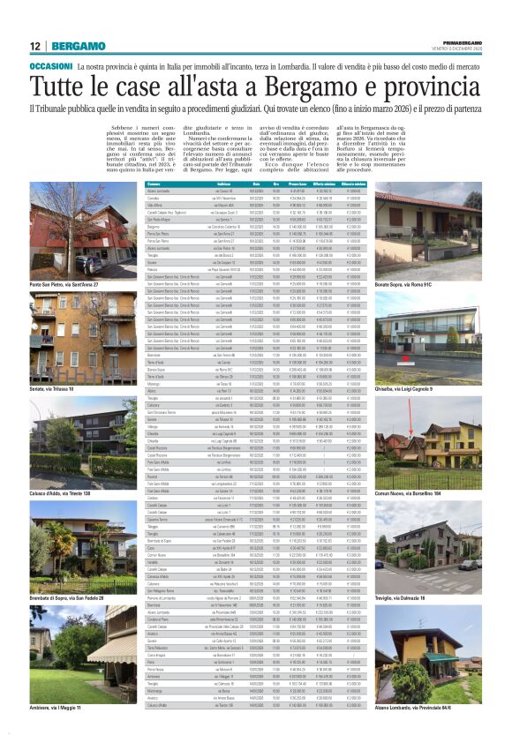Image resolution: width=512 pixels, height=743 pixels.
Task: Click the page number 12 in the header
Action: point(34,46)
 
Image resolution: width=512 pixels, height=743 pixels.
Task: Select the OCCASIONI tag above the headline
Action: point(51,67)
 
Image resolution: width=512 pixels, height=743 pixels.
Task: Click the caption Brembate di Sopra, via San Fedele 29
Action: point(78,598)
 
